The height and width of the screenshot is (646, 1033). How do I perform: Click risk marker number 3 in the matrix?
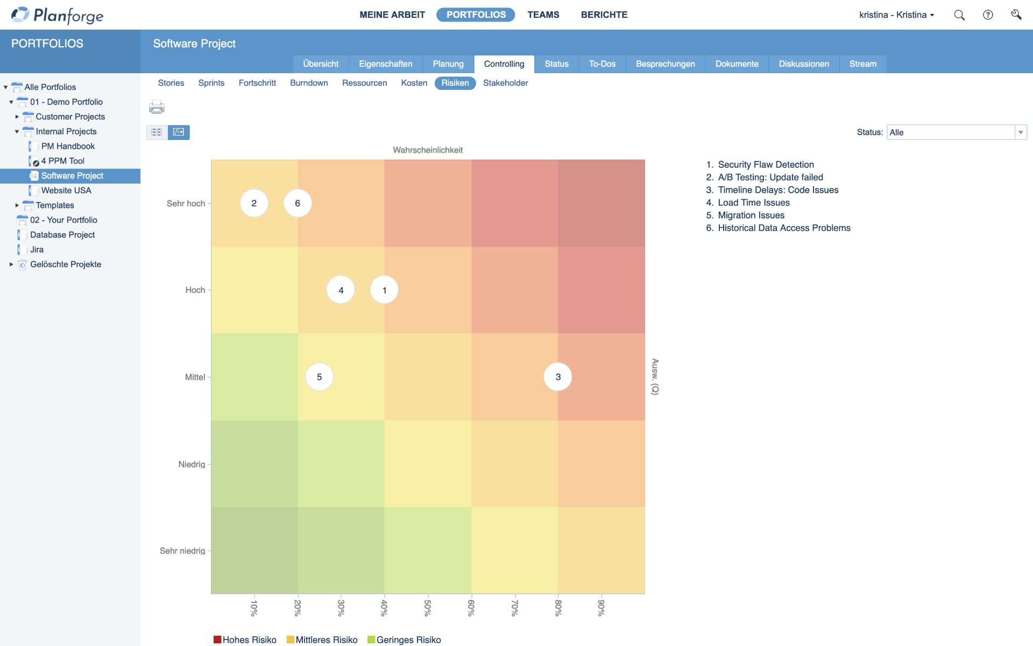click(557, 377)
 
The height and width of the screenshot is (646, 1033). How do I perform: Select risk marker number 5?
click(319, 377)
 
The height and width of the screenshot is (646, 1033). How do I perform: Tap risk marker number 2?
click(254, 203)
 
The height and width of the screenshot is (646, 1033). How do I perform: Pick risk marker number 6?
click(298, 203)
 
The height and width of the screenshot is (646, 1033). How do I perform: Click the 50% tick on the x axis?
click(428, 607)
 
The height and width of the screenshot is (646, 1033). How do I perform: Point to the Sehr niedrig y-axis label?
click(182, 551)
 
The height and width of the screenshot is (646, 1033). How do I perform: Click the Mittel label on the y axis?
click(195, 377)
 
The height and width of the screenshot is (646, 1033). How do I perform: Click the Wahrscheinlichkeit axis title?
click(427, 150)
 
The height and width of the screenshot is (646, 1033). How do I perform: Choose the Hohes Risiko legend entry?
click(245, 640)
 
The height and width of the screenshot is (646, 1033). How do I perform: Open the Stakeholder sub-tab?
click(505, 83)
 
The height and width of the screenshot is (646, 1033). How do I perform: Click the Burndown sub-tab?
click(309, 83)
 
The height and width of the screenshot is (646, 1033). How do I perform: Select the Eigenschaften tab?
click(385, 64)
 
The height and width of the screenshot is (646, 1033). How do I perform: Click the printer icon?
click(157, 107)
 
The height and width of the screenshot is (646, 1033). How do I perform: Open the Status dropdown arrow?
click(1020, 132)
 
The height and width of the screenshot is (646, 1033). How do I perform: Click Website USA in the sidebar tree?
click(66, 191)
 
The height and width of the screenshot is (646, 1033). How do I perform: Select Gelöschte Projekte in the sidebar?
click(66, 264)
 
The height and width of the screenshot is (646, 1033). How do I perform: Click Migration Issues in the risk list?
click(751, 215)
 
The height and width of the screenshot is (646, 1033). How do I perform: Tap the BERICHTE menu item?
click(604, 15)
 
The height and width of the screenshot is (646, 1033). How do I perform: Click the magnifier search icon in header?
click(959, 15)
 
